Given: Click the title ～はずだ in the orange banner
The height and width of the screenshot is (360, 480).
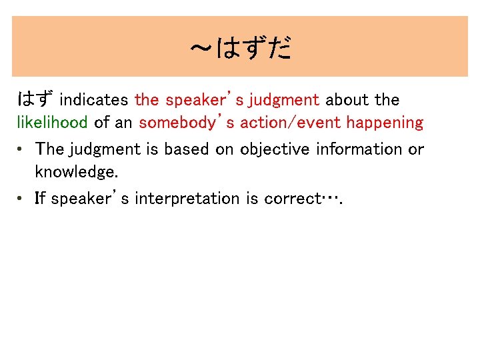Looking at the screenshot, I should (x=240, y=48).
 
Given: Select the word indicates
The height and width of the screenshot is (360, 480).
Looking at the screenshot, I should (x=94, y=100).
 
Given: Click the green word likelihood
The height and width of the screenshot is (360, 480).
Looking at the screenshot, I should (x=52, y=123).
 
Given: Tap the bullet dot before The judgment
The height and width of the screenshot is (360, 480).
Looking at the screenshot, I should (x=22, y=149).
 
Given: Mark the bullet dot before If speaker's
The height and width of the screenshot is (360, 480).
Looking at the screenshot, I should (x=22, y=199).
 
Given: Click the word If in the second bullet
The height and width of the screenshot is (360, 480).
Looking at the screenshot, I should (x=41, y=199).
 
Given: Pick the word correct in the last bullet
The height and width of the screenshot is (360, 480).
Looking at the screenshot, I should (x=291, y=199).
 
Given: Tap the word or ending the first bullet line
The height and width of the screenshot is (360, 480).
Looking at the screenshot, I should (x=416, y=149).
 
